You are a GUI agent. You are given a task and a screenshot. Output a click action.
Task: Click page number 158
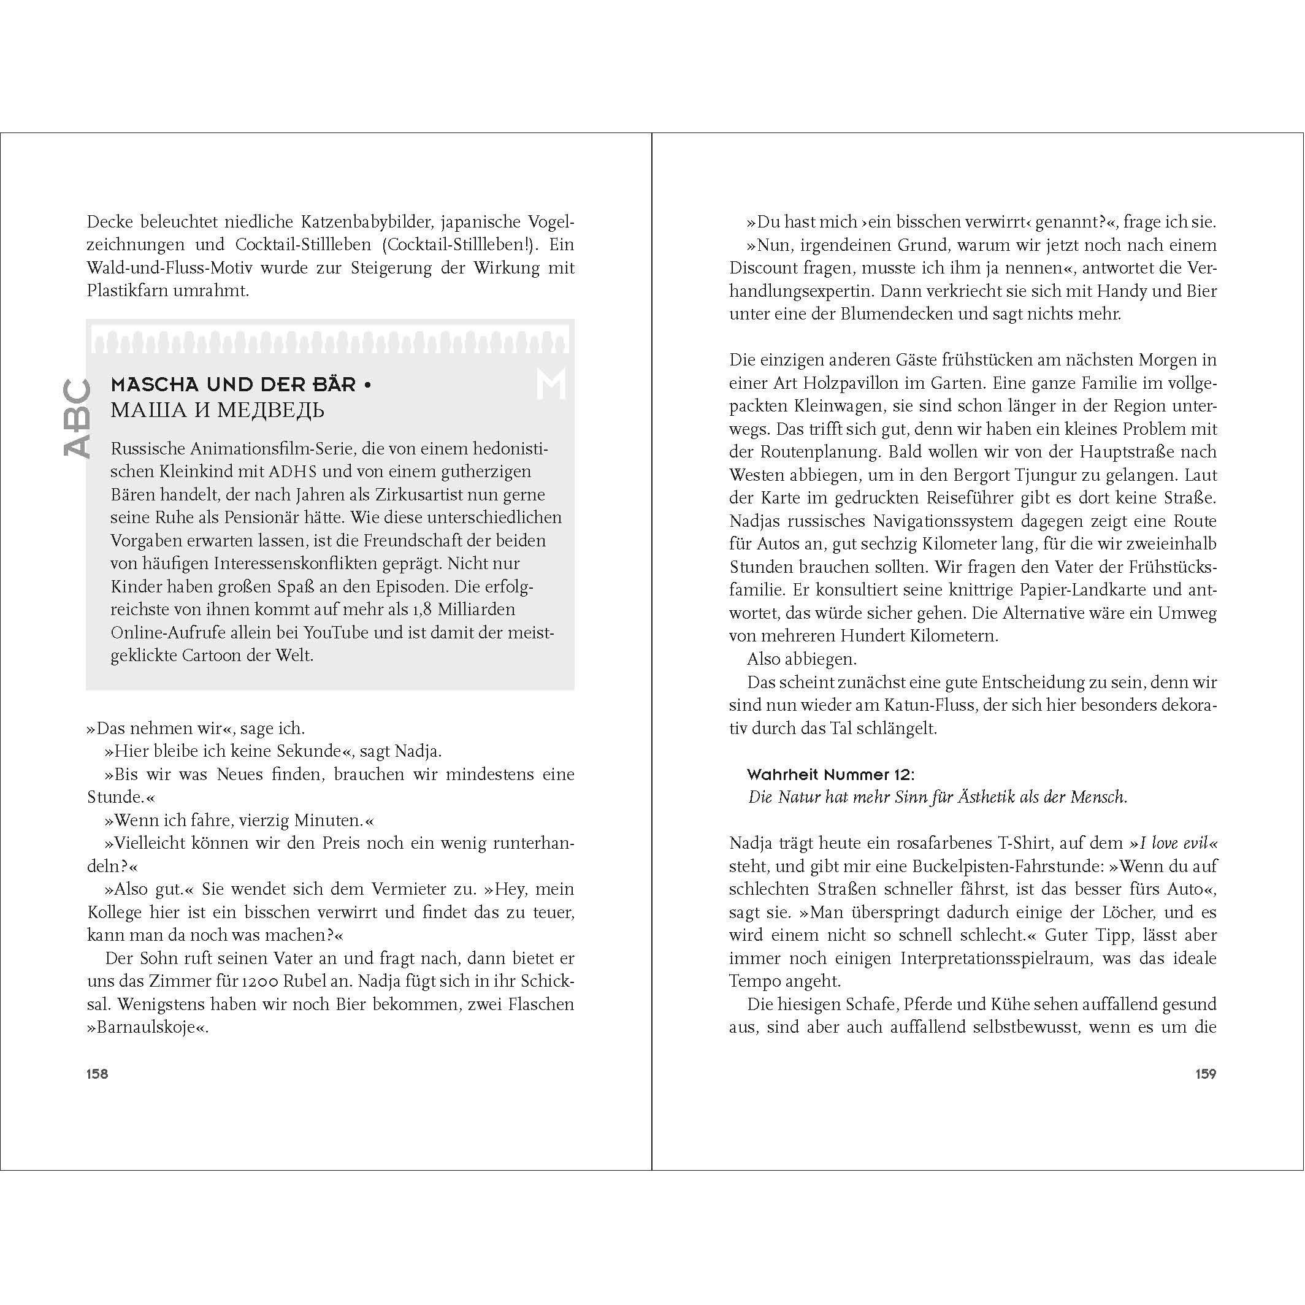[x=98, y=1074]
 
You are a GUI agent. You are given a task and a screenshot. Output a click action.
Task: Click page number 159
[x=1206, y=1074]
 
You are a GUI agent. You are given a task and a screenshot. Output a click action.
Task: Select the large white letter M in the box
[x=551, y=385]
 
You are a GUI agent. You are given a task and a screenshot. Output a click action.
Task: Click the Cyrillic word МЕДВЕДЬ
[x=270, y=410]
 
